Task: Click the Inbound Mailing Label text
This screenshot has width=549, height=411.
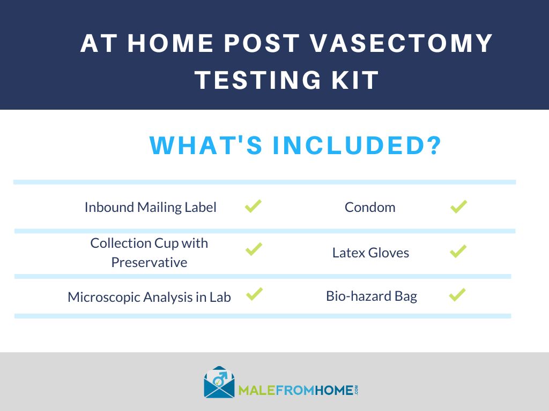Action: (x=151, y=207)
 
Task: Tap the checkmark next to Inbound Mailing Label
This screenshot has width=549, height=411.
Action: (x=253, y=206)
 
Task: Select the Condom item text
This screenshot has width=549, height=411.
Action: (x=370, y=207)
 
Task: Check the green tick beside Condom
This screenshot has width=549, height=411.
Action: (x=458, y=207)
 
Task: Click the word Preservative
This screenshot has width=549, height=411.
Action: (x=149, y=263)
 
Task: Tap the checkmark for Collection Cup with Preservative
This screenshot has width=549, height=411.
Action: (x=254, y=249)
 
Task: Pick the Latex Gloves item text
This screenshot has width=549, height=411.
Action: (x=370, y=253)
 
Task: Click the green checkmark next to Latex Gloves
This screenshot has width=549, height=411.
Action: (x=458, y=250)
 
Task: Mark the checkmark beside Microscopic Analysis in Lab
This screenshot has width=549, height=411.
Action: (x=254, y=293)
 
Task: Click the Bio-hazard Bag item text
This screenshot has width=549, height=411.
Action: (x=372, y=296)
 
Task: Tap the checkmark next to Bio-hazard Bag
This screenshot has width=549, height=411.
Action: (x=457, y=295)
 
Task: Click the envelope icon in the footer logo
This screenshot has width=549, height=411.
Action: (x=219, y=383)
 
